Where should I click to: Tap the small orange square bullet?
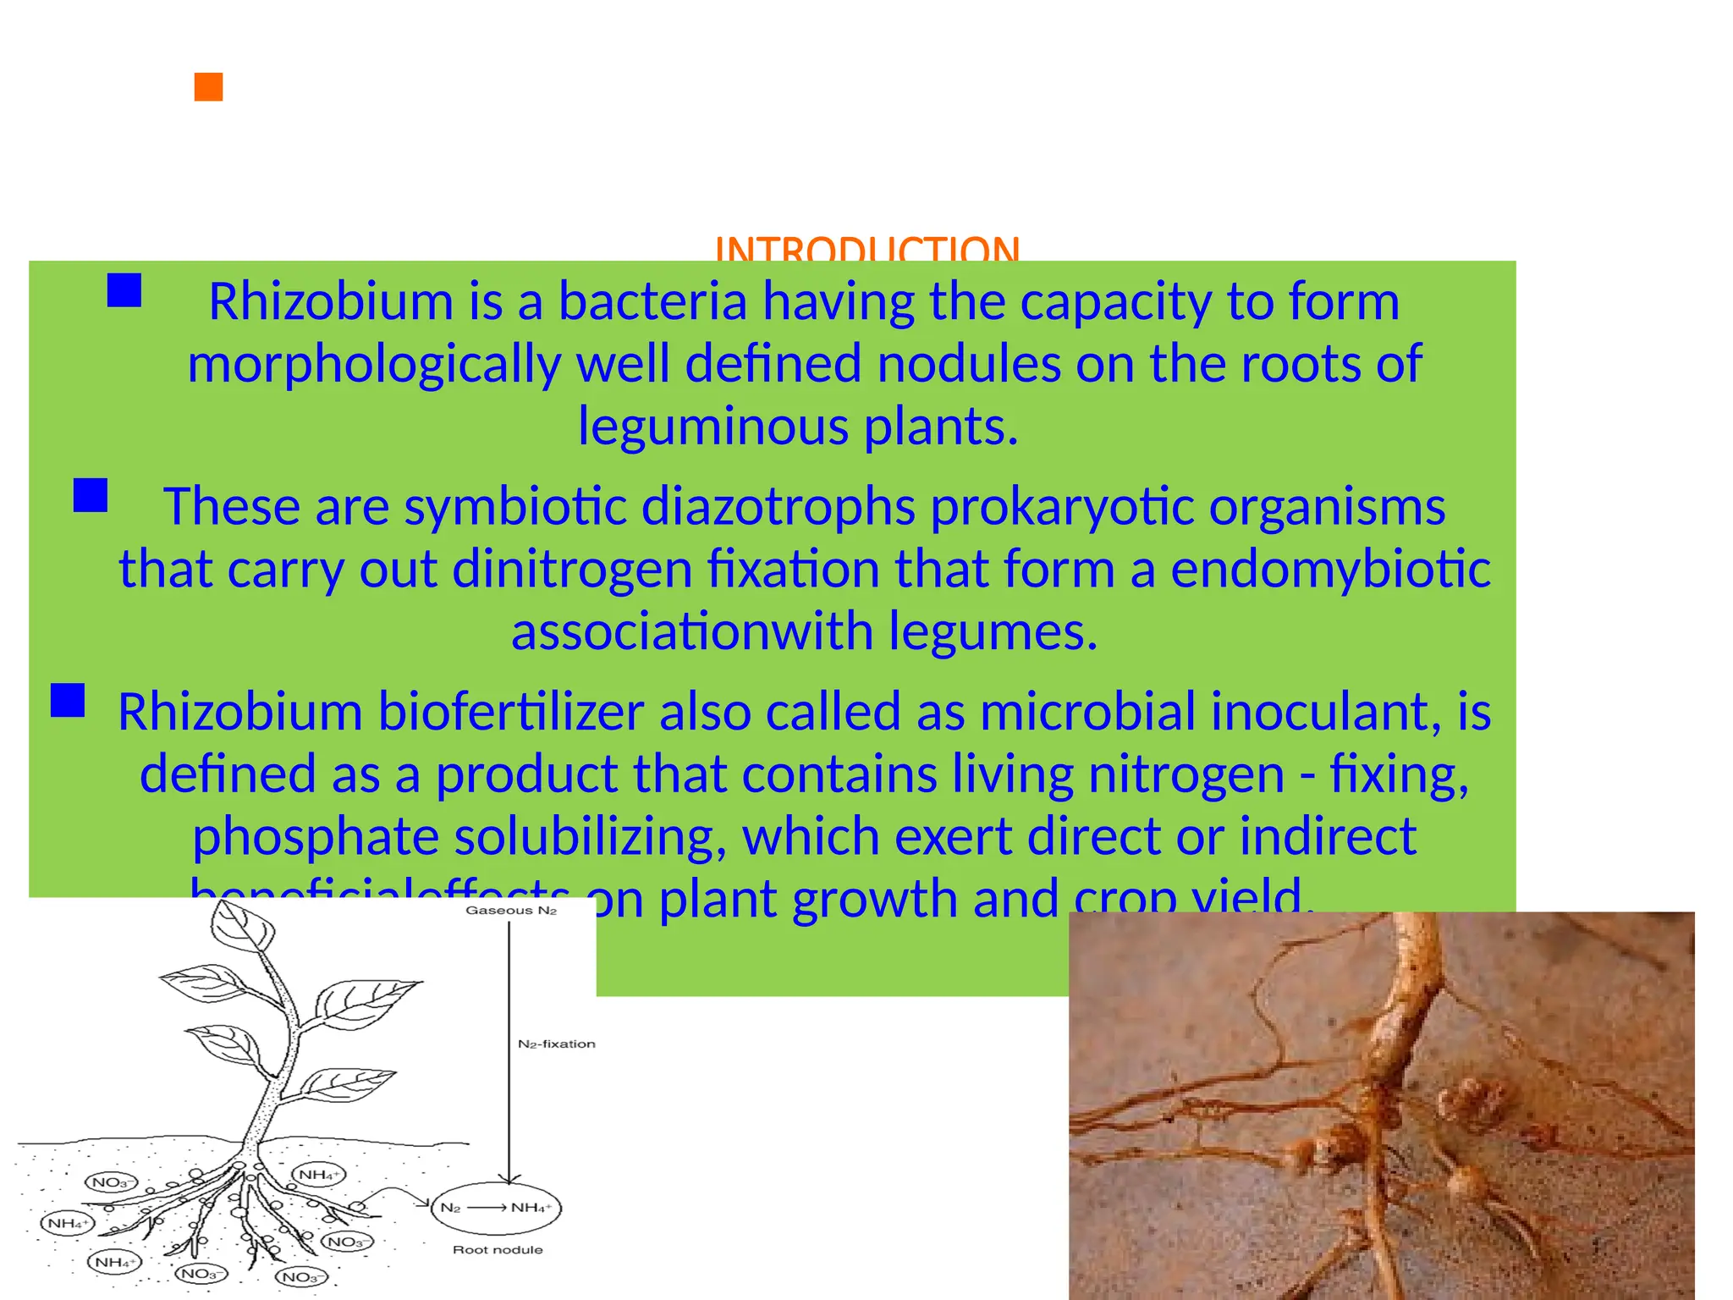tap(208, 87)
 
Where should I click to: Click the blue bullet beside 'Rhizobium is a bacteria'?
tap(124, 290)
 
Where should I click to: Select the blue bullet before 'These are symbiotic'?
tap(91, 495)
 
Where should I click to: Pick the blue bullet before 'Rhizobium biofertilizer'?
tap(68, 701)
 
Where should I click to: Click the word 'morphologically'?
tap(373, 364)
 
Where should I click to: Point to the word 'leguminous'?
tap(712, 426)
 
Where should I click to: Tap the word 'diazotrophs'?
tap(778, 507)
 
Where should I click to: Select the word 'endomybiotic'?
tap(1330, 569)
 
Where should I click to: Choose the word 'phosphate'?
tap(315, 836)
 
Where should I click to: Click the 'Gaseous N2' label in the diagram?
tap(511, 911)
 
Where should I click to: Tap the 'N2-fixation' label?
tap(556, 1044)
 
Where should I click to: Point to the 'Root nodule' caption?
tap(498, 1250)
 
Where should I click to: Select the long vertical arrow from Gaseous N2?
tap(509, 1049)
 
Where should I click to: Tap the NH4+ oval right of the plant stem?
tap(318, 1175)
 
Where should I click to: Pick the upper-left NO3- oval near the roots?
tap(111, 1182)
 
